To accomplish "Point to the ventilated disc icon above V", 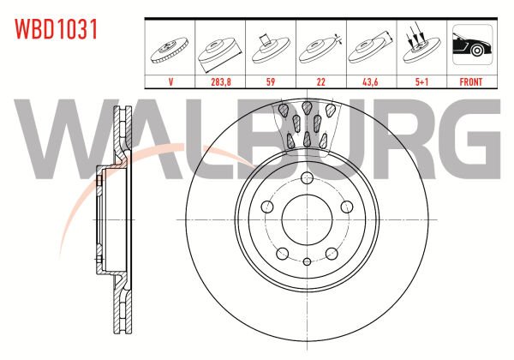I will [171, 47].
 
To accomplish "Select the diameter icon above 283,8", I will [222, 48].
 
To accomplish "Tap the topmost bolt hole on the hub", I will [306, 177].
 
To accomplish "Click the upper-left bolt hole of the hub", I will [266, 207].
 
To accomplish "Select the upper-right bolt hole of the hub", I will [346, 207].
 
